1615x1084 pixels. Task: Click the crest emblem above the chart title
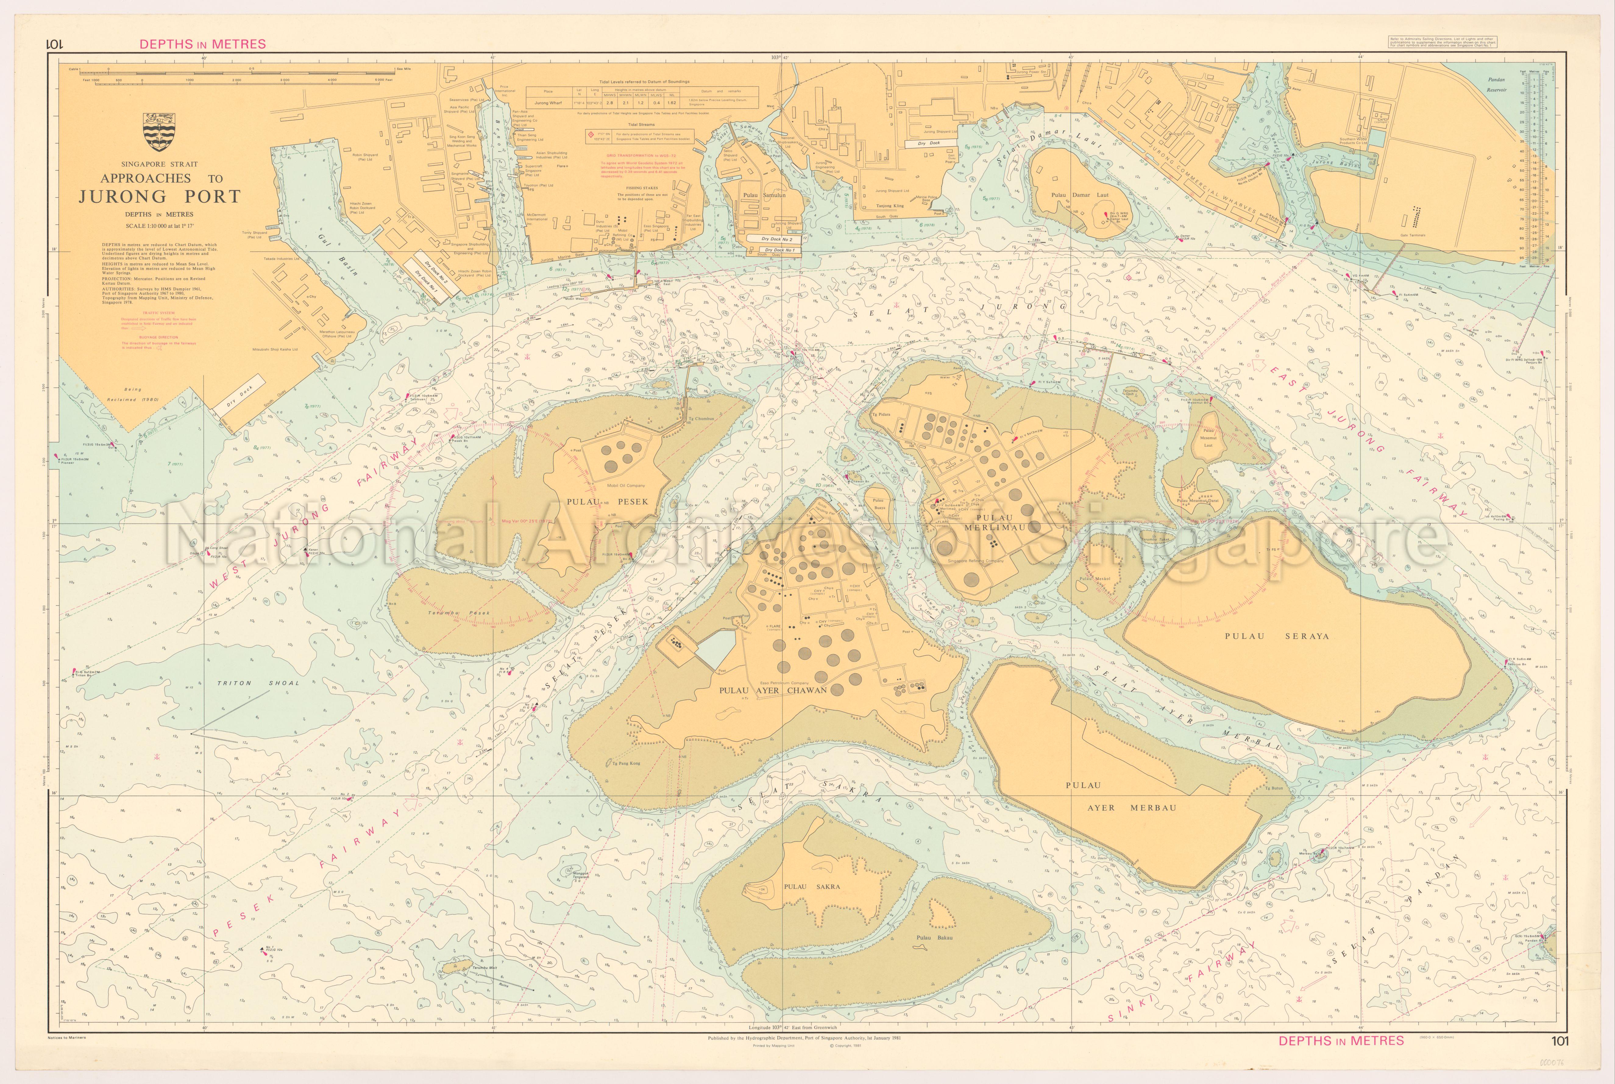pyautogui.click(x=158, y=131)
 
